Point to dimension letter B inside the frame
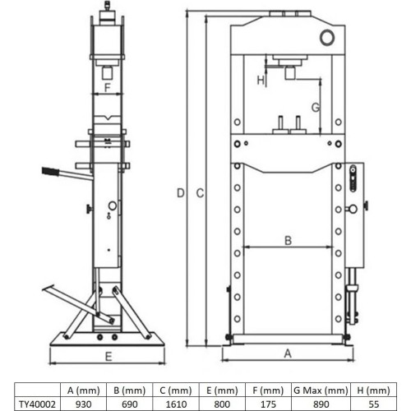(287, 240)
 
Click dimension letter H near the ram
(260, 80)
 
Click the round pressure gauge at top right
(328, 37)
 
